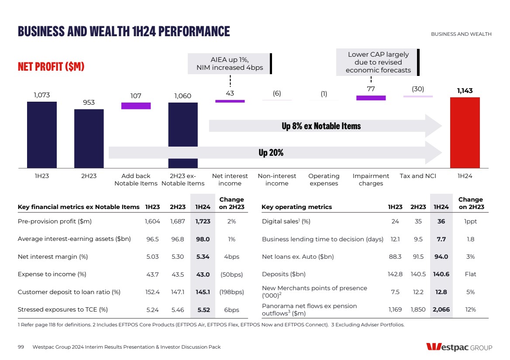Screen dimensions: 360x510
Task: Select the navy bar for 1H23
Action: (x=42, y=135)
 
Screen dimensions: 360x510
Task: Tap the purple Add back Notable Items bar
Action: (x=136, y=106)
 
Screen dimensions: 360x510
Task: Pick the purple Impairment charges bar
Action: (x=371, y=98)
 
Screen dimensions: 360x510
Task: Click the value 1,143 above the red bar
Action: (x=465, y=91)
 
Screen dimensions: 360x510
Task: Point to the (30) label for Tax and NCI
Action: (x=418, y=89)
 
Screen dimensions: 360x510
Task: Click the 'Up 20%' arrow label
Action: (x=271, y=153)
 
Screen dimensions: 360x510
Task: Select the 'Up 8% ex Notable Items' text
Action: (x=321, y=126)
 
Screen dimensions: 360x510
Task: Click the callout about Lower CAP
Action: (x=378, y=62)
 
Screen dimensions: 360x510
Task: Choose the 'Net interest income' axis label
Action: (x=230, y=179)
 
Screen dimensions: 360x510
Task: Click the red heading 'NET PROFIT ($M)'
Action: (x=51, y=67)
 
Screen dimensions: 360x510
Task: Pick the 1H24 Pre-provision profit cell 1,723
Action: (x=203, y=221)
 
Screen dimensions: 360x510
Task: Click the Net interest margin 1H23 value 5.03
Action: (x=152, y=257)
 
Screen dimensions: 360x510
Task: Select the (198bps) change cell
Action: (x=231, y=292)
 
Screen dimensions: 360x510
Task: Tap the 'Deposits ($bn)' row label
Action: (x=283, y=274)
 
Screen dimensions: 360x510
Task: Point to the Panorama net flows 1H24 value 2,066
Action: (x=441, y=309)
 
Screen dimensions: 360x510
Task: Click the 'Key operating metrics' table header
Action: (x=296, y=207)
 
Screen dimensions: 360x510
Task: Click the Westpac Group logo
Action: (x=459, y=347)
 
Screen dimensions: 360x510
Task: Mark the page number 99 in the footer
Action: (x=21, y=347)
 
